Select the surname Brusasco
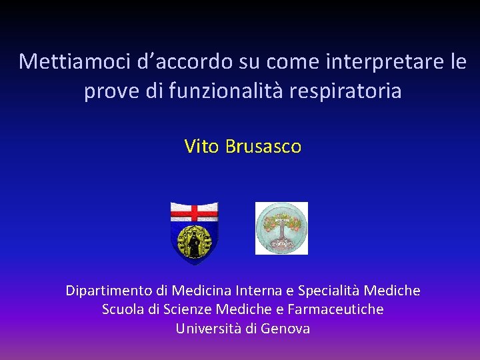(x=263, y=146)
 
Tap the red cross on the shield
(x=194, y=213)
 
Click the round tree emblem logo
(x=282, y=228)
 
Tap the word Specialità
(x=331, y=291)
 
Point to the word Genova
(x=285, y=329)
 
